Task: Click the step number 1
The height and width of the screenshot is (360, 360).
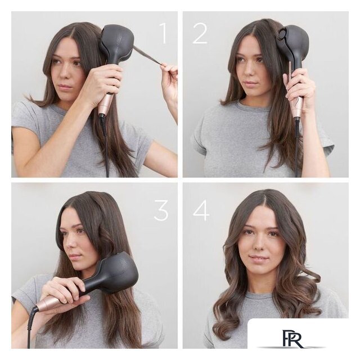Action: point(163,33)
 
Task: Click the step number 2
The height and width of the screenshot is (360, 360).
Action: point(200,33)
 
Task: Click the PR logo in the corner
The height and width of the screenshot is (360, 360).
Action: point(293,339)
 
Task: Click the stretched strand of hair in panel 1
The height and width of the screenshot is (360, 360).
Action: point(147,56)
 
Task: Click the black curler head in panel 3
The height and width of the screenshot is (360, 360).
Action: point(115,273)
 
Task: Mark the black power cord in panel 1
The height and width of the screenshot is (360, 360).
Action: point(105,146)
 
